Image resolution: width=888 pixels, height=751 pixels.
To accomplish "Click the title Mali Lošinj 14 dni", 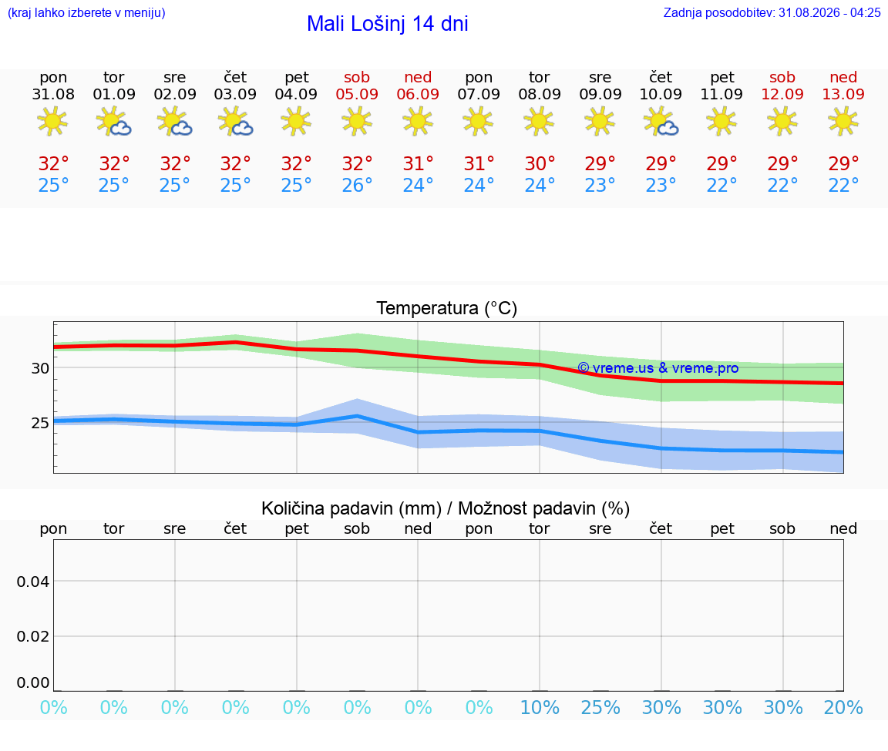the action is [388, 24].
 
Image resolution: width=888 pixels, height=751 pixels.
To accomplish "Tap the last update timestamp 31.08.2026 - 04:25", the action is [829, 12].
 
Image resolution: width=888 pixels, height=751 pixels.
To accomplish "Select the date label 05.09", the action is [357, 94].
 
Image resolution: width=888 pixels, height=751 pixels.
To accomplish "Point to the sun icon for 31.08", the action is [52, 121].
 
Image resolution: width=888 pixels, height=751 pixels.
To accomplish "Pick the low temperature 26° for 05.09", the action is [357, 185].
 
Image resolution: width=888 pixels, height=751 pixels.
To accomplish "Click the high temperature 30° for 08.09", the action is [540, 163].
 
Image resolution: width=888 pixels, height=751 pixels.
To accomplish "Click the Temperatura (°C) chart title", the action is [447, 308].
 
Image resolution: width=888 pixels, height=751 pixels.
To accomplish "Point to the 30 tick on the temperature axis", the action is [40, 368].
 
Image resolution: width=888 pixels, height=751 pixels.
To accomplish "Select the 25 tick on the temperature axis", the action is [40, 424].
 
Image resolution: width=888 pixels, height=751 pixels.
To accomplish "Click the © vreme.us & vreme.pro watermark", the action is [658, 368].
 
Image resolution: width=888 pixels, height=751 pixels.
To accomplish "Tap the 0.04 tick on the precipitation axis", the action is [33, 582].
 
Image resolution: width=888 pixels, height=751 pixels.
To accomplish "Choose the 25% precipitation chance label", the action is [600, 707].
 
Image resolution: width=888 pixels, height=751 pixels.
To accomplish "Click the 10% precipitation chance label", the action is [540, 707].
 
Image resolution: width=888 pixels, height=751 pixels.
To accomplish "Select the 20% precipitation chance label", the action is [843, 707].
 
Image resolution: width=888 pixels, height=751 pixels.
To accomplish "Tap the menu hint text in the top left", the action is [86, 12].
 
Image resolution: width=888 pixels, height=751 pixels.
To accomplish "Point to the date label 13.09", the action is [843, 94].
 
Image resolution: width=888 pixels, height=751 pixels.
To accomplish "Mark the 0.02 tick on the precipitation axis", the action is [33, 637].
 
